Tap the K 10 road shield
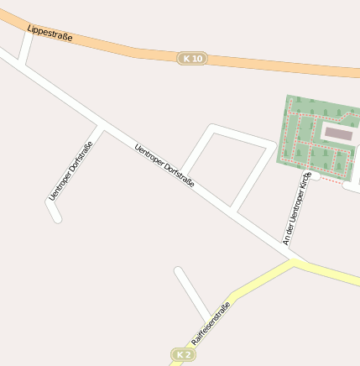point(192,58)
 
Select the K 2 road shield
point(182,355)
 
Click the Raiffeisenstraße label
point(211,323)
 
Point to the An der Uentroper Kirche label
point(297,207)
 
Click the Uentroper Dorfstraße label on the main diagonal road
point(164,165)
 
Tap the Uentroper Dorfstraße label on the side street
point(70,170)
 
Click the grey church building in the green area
point(339,133)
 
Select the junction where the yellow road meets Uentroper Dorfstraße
point(295,261)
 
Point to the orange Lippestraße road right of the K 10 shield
point(277,64)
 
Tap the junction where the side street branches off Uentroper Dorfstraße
point(101,128)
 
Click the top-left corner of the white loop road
point(211,129)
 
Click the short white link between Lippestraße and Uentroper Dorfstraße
point(26,48)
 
